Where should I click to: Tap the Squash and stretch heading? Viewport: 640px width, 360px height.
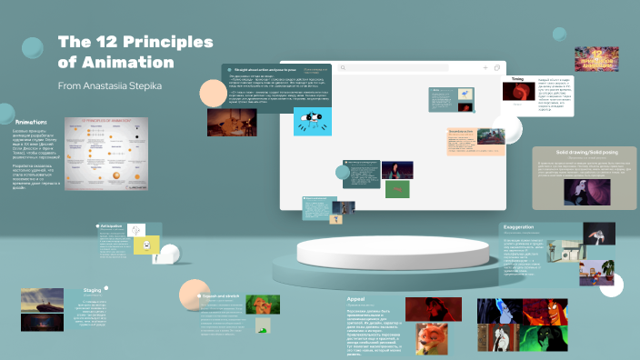[x=222, y=296]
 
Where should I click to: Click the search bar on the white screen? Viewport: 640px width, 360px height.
[x=409, y=67]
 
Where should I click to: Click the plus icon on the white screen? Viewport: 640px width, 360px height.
[x=485, y=67]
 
